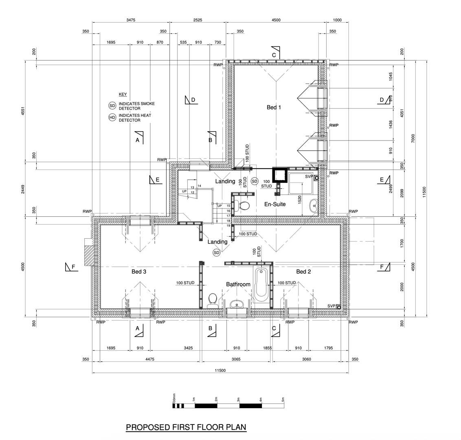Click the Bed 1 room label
click(274, 108)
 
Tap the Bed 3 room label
click(138, 272)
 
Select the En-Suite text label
click(275, 204)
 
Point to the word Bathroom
click(238, 284)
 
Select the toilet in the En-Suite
click(244, 205)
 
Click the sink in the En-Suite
click(314, 205)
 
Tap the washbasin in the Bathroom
click(237, 304)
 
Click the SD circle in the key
click(112, 106)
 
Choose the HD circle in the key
click(112, 118)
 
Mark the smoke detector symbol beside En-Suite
click(255, 181)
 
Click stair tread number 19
click(228, 225)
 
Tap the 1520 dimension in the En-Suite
click(300, 200)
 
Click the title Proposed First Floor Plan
click(186, 427)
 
